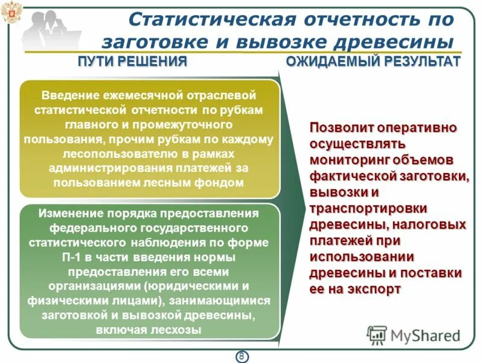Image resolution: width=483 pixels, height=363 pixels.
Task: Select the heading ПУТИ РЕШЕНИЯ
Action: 132,62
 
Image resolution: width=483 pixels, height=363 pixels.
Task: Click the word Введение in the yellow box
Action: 67,96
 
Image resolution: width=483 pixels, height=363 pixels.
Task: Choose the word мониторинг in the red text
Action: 347,160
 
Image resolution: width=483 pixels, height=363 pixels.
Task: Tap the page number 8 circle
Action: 241,356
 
